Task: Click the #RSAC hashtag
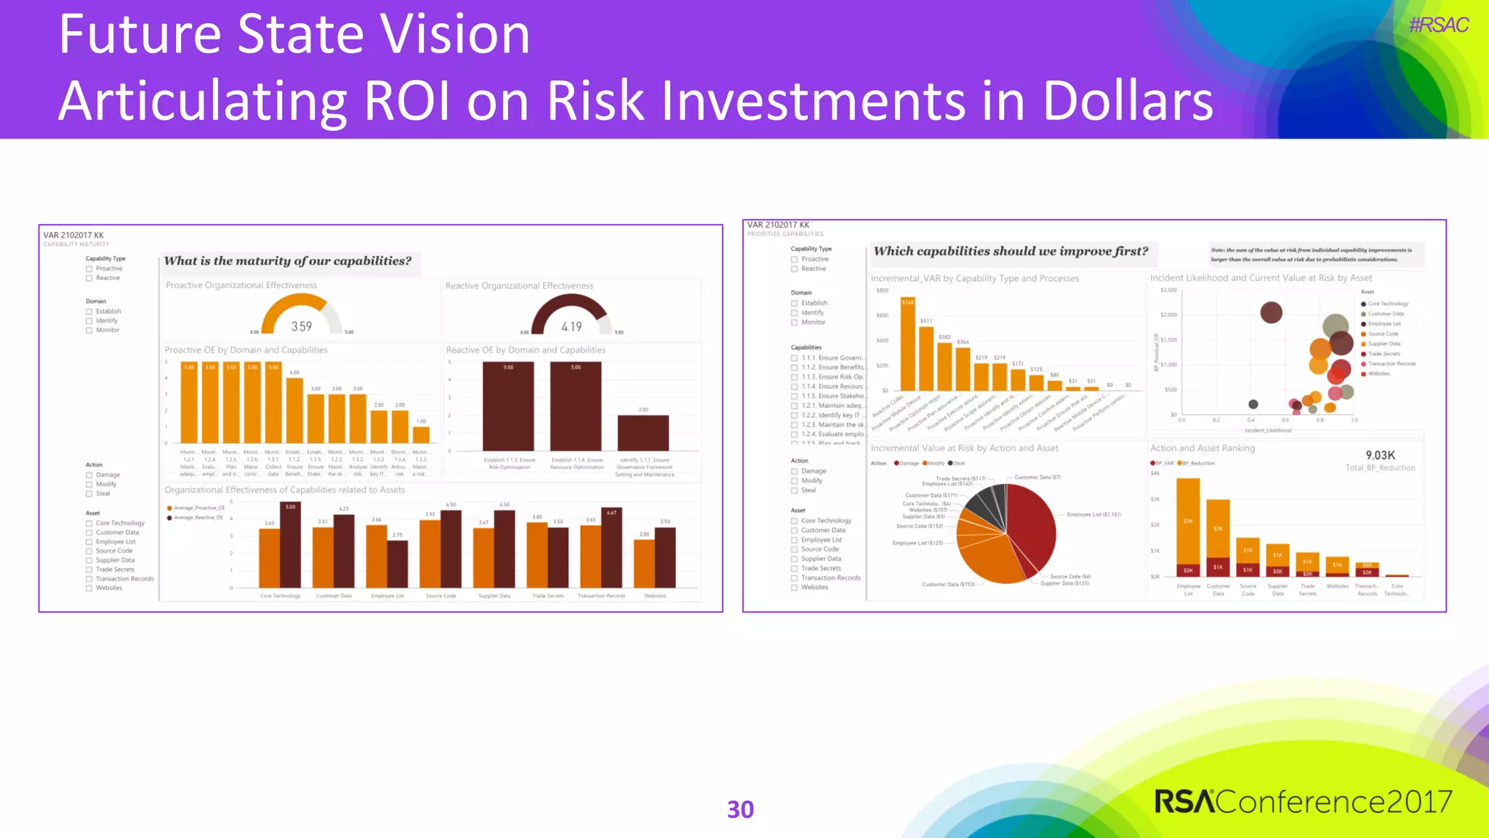pos(1438,25)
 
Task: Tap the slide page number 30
pos(740,810)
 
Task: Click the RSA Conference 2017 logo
pos(1303,802)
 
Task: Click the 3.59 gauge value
pos(302,327)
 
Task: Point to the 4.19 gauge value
pos(571,327)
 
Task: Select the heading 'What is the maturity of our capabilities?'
pos(288,261)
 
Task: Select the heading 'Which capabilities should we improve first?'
pos(1011,252)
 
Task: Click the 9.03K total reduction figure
pos(1380,455)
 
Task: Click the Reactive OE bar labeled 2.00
pos(643,433)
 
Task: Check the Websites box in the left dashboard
pos(89,588)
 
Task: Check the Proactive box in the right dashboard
pos(795,260)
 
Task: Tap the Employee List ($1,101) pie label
pos(1094,515)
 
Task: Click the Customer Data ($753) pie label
pos(949,584)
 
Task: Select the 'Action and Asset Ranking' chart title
pos(1203,448)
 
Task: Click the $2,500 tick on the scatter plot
pos(1168,290)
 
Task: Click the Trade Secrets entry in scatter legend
pos(1384,354)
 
